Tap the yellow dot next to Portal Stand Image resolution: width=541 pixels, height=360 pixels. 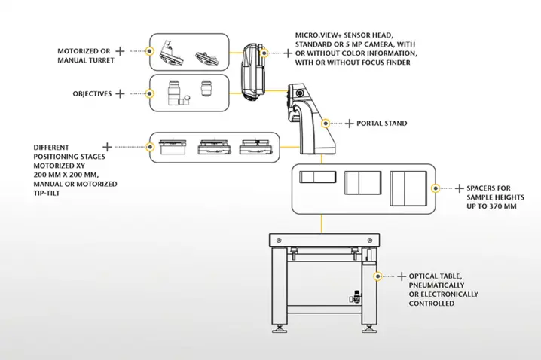tap(326, 122)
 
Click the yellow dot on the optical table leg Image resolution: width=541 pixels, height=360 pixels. tap(375, 276)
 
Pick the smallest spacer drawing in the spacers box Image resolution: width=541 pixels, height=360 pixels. tap(316, 178)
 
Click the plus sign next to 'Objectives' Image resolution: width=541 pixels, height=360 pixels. tap(119, 94)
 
